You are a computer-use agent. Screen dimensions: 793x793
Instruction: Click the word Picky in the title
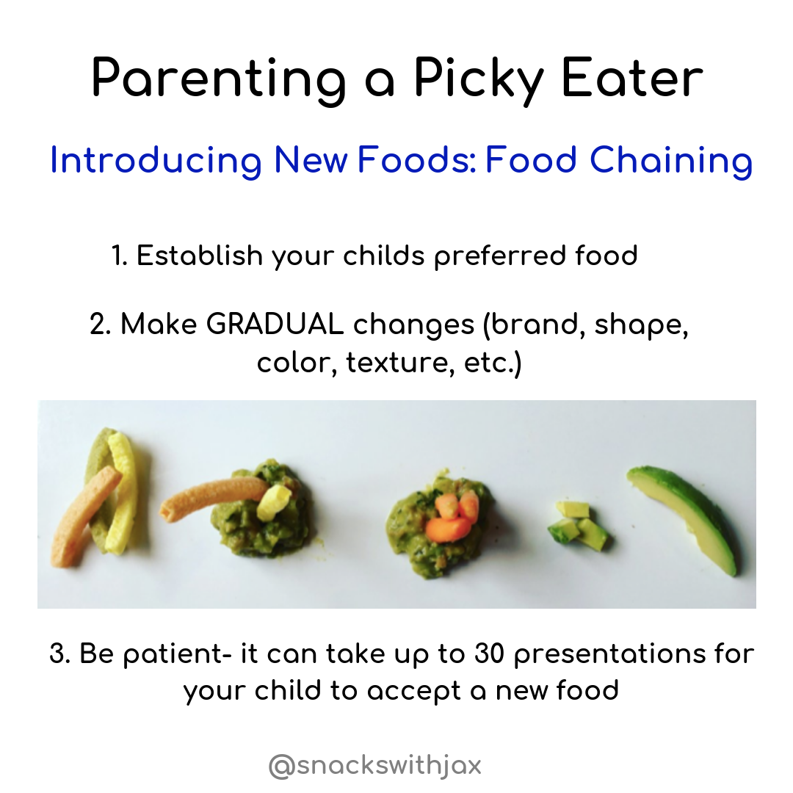pos(479,80)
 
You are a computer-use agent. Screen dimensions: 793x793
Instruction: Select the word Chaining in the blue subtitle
pos(672,162)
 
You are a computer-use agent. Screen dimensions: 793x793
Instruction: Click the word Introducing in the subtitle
pos(156,162)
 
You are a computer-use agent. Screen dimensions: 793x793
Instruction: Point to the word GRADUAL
pos(275,325)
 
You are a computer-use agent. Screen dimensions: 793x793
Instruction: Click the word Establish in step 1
pos(200,255)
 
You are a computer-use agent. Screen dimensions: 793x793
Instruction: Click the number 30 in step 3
pos(490,653)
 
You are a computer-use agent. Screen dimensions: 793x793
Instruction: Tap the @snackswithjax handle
pos(374,766)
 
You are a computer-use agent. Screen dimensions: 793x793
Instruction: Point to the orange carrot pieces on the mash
pos(452,516)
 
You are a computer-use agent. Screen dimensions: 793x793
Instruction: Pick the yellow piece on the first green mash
pos(274,502)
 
